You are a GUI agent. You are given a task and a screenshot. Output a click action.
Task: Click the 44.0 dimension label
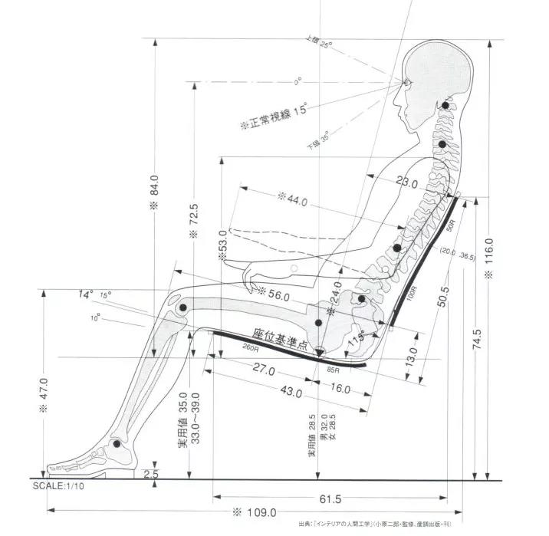pos(292,202)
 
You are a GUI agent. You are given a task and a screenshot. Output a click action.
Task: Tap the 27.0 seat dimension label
pos(262,370)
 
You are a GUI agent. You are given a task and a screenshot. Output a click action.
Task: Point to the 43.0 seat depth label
pos(289,393)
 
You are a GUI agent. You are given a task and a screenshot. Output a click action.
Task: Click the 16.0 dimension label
pos(340,388)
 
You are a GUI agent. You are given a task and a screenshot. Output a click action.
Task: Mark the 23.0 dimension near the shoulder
pos(406,184)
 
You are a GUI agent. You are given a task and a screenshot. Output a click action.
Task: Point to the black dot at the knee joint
pos(183,308)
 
